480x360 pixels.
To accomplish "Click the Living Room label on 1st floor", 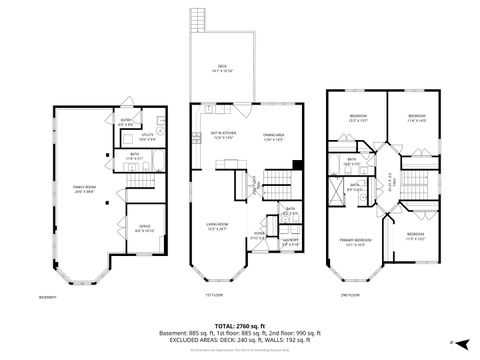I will tap(218, 228).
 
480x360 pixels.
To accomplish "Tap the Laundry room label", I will tap(291, 239).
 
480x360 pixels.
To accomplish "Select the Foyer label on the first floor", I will tap(258, 237).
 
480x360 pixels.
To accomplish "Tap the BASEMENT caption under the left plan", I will tap(47, 297).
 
